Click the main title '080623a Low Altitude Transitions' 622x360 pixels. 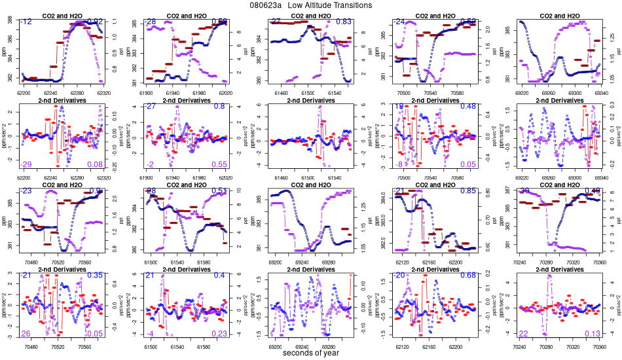tap(311, 5)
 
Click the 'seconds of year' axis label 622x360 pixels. tap(310, 353)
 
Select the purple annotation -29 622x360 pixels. tap(26, 164)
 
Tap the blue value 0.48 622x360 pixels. tap(467, 106)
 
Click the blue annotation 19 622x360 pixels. tap(398, 106)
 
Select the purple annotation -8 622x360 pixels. tap(398, 164)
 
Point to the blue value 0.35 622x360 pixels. tap(96, 276)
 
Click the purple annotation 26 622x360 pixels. tap(26, 334)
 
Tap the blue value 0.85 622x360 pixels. tap(467, 191)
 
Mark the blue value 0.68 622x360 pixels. tap(467, 276)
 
